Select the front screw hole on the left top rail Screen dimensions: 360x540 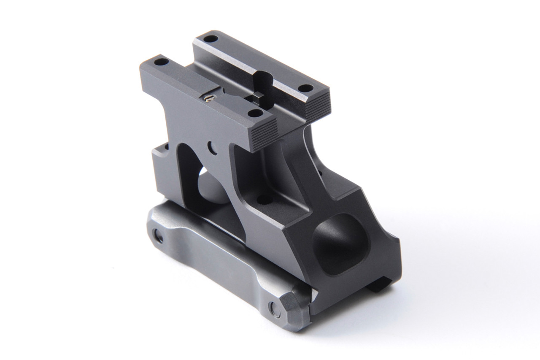tap(254, 113)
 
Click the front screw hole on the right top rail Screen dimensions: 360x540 tap(306, 88)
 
